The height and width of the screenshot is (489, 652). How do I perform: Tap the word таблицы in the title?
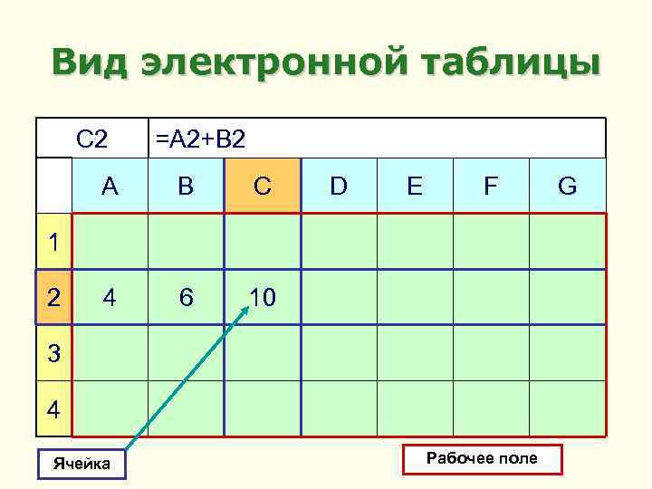pos(496,63)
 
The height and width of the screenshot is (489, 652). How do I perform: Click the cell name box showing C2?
pos(92,139)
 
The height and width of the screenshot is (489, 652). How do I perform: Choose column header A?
pos(110,187)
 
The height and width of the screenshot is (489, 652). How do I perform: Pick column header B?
pos(186,187)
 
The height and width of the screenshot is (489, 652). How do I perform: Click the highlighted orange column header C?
pos(262,187)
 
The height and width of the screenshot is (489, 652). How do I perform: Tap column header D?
pos(339,187)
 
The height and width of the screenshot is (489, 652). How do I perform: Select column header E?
pos(414,187)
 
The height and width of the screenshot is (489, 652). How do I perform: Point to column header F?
pos(490,187)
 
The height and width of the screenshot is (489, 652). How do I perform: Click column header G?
pos(568,187)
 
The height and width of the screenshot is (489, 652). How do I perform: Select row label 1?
pos(54,243)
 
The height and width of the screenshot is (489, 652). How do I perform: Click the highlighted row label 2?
pos(54,297)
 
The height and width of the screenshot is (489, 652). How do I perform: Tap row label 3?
pos(54,353)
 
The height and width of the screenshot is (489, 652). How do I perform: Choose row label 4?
pos(54,409)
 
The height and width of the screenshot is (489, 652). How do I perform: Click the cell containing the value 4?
pos(110,297)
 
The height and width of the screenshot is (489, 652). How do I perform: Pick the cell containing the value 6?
pos(186,297)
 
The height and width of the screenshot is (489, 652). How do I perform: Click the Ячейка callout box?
pos(81,464)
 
